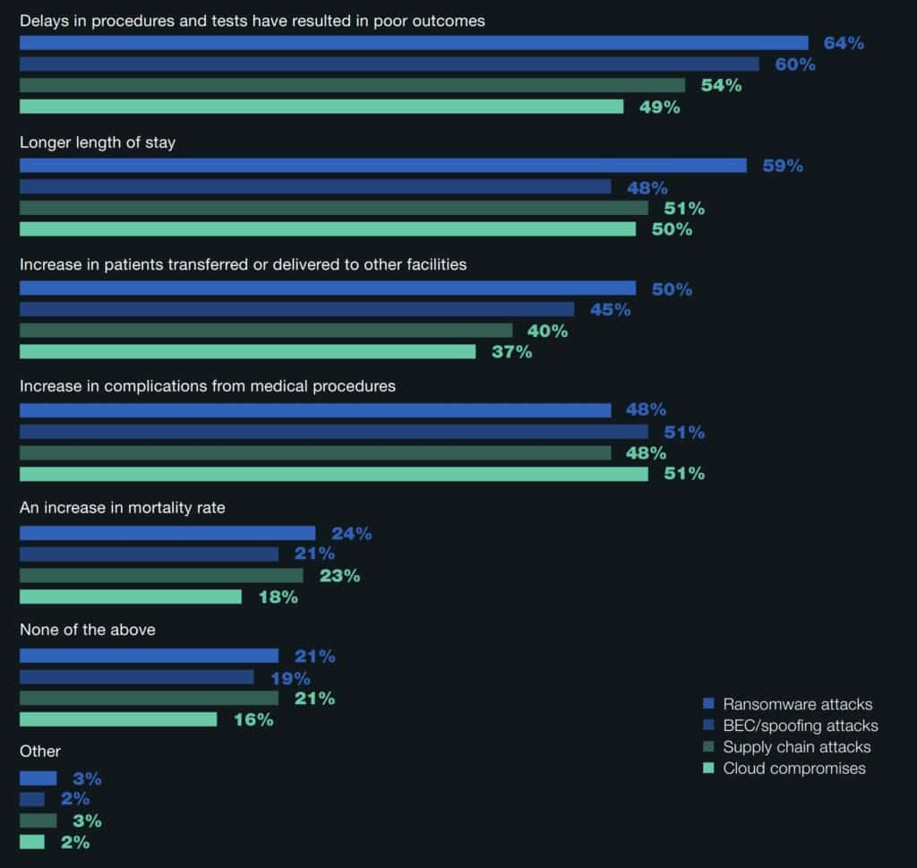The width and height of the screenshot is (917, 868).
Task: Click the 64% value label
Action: tap(844, 43)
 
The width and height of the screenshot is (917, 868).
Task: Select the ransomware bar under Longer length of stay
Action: tap(382, 166)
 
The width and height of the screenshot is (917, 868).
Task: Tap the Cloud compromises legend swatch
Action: tap(708, 768)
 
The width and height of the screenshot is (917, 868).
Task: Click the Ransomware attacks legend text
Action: tap(797, 704)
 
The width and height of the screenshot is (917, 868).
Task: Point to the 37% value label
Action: tap(511, 352)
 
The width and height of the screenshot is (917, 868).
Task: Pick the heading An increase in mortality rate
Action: tap(123, 508)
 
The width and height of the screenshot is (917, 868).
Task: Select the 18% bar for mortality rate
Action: tap(131, 597)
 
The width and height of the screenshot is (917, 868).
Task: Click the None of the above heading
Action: tap(88, 630)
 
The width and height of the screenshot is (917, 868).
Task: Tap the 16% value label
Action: tap(253, 719)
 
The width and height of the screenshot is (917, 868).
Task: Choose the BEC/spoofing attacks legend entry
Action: tap(800, 726)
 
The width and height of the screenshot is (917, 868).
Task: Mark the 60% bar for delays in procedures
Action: tap(389, 64)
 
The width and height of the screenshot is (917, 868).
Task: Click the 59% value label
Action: tap(783, 166)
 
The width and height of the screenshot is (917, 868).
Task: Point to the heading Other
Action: tap(40, 752)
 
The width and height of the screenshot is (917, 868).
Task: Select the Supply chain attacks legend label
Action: tap(796, 747)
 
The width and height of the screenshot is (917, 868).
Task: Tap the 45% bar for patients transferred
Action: tap(296, 310)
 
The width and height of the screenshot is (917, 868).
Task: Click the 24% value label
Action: tap(351, 534)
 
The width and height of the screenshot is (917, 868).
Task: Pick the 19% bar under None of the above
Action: tap(136, 677)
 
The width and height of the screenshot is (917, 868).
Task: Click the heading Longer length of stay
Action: tap(98, 142)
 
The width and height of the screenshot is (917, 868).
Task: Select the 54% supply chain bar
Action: tap(352, 85)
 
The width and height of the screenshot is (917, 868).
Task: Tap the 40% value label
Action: tap(547, 331)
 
